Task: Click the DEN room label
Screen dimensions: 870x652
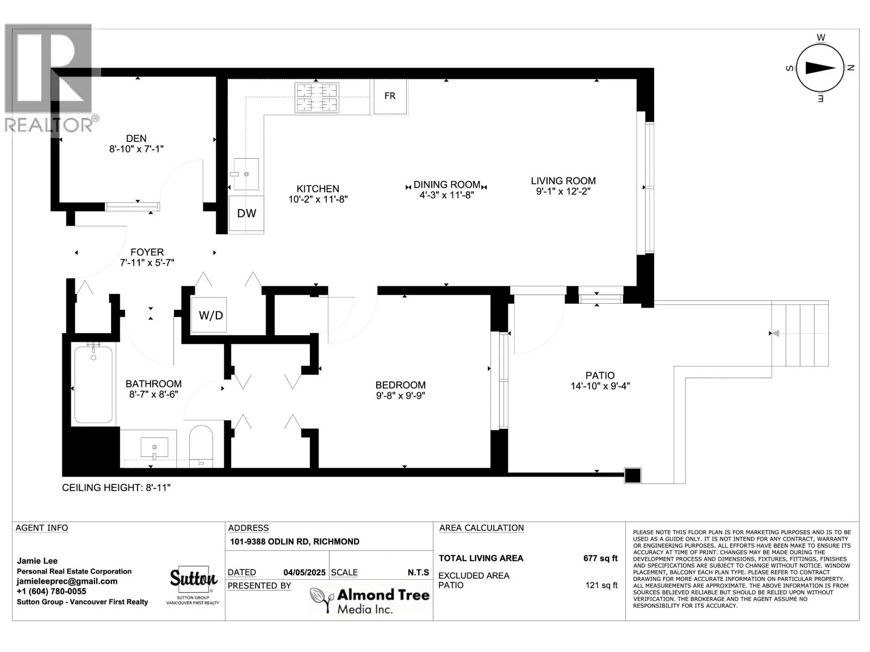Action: pyautogui.click(x=136, y=139)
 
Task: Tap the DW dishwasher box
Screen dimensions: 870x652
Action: pyautogui.click(x=246, y=214)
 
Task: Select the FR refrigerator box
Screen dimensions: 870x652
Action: pyautogui.click(x=390, y=96)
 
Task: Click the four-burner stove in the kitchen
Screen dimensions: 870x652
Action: pyautogui.click(x=316, y=97)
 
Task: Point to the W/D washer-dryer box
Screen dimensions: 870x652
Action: pyautogui.click(x=209, y=315)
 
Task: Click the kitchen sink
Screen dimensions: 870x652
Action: pyautogui.click(x=246, y=174)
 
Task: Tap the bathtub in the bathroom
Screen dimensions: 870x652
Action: pyautogui.click(x=94, y=384)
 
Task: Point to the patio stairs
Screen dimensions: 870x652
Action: pyautogui.click(x=800, y=334)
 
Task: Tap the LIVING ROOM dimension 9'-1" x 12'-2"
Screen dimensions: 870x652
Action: pyautogui.click(x=563, y=192)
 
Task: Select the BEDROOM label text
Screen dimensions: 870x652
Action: pyautogui.click(x=400, y=385)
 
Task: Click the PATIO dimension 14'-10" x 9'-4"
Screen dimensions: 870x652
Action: pyautogui.click(x=600, y=386)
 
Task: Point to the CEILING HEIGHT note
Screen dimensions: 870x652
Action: pyautogui.click(x=116, y=488)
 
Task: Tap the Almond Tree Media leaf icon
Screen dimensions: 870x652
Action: pyautogui.click(x=322, y=600)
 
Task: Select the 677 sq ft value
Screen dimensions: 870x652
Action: pyautogui.click(x=600, y=558)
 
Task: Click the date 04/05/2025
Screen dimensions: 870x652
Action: pyautogui.click(x=304, y=573)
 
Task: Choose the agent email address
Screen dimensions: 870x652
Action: pyautogui.click(x=67, y=581)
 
